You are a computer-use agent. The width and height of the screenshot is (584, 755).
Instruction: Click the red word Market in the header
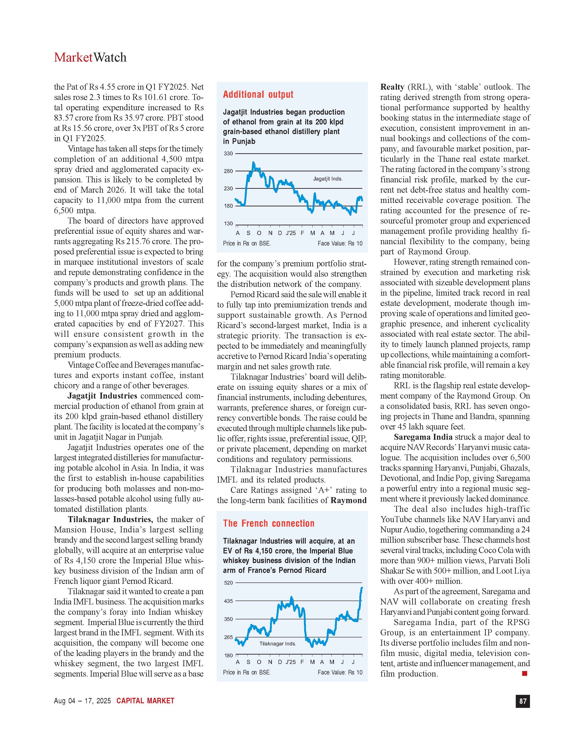[73, 57]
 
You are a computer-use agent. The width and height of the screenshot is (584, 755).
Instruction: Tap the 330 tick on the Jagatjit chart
[228, 154]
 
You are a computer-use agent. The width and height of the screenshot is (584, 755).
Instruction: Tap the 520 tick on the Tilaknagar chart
[228, 583]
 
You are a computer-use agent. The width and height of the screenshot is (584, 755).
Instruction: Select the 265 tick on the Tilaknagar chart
[228, 637]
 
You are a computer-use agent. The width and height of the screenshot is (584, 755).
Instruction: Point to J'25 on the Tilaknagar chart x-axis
[291, 662]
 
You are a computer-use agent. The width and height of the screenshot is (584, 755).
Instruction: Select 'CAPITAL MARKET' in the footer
[145, 701]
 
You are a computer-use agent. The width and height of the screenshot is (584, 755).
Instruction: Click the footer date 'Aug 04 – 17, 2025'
[82, 701]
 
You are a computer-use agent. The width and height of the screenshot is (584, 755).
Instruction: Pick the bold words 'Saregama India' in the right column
[423, 437]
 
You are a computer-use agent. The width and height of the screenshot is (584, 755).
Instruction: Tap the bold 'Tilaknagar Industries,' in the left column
[110, 519]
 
